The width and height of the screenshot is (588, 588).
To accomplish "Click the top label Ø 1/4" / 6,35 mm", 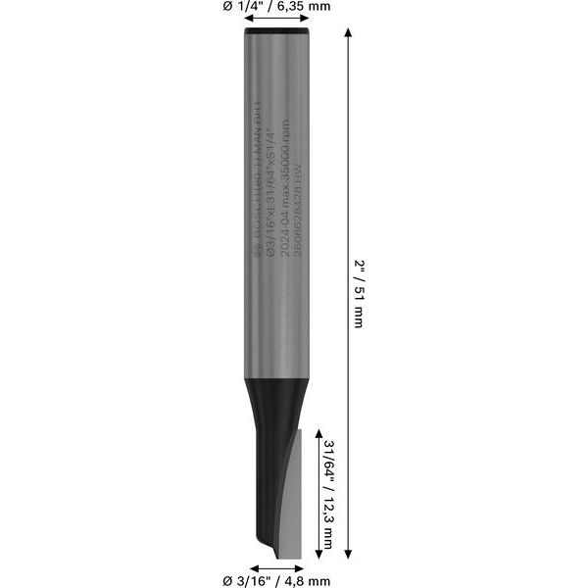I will click(277, 7).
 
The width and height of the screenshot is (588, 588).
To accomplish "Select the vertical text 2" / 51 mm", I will click(358, 294).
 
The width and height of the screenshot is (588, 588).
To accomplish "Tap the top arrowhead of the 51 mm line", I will click(350, 34).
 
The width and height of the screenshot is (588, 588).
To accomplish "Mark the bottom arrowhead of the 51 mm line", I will click(350, 554).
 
